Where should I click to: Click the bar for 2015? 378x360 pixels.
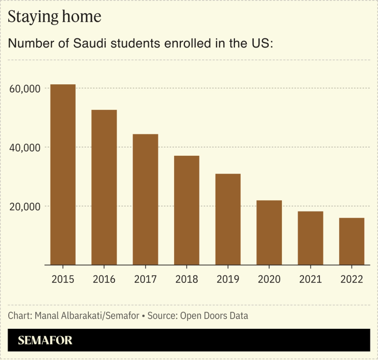click(63, 175)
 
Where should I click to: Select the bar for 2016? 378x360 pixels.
click(104, 187)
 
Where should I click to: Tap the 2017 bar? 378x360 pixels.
click(146, 200)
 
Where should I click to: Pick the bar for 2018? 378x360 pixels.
click(186, 210)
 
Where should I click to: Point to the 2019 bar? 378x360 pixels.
click(228, 220)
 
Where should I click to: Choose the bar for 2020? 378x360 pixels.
click(269, 233)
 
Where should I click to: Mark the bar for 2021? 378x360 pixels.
click(310, 238)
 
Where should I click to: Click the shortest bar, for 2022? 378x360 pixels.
click(351, 242)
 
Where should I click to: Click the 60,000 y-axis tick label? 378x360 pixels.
click(25, 89)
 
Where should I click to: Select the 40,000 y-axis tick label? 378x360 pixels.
click(25, 148)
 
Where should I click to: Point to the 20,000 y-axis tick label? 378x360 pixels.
click(25, 206)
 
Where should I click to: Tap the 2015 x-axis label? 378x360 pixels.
click(63, 279)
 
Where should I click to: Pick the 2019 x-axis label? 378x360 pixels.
click(228, 279)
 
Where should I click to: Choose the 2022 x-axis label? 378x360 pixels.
click(351, 279)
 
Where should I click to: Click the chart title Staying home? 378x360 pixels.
click(54, 16)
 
